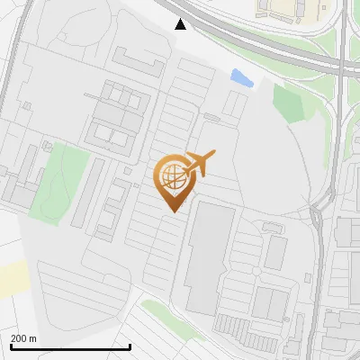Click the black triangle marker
(x=181, y=23)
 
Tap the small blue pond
(x=241, y=78)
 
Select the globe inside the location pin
(x=173, y=177)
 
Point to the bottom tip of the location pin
(x=173, y=211)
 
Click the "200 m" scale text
(x=24, y=338)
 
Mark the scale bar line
(x=70, y=346)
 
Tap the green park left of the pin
(x=59, y=180)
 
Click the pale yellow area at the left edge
(x=13, y=277)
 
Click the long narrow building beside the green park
(x=81, y=191)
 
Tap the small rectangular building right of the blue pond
(x=235, y=103)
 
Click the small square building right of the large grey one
(x=275, y=252)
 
